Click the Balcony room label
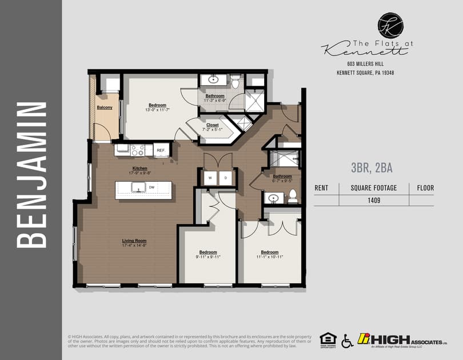point(104,107)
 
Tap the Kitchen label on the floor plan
point(140,169)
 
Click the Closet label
point(213,125)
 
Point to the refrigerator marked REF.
point(161,151)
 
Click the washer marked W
point(210,178)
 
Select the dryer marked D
point(225,178)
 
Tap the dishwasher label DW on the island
point(151,187)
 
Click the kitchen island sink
point(137,187)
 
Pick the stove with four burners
point(137,150)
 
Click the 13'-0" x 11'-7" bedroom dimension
point(157,110)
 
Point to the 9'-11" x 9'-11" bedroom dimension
point(208,257)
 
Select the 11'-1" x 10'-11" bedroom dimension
point(270,257)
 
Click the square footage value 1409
point(374,200)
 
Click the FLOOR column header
point(425,187)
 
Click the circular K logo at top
point(390,26)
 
